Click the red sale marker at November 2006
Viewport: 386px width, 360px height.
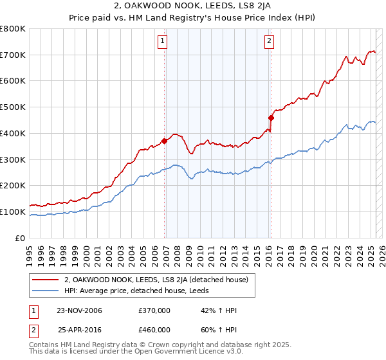pyautogui.click(x=165, y=141)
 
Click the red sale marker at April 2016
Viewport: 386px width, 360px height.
pyautogui.click(x=271, y=118)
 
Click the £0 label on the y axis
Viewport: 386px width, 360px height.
pyautogui.click(x=21, y=238)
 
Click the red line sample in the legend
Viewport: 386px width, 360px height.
pyautogui.click(x=46, y=280)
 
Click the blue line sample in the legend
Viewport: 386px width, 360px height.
pyautogui.click(x=46, y=291)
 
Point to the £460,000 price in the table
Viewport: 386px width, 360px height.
pyautogui.click(x=154, y=329)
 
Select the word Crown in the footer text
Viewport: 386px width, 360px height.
pyautogui.click(x=154, y=346)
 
